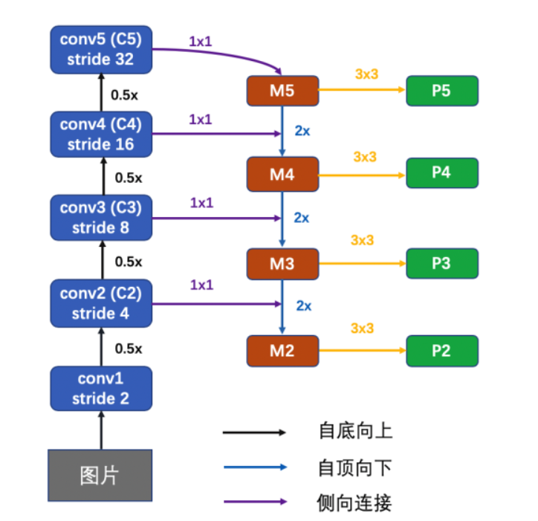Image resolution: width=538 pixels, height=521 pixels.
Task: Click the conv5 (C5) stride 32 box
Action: coord(100,49)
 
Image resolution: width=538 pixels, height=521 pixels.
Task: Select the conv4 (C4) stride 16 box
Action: coord(100,134)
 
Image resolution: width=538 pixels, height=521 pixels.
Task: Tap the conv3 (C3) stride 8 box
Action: coord(100,217)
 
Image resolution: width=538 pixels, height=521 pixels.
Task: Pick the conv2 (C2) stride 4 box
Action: coord(100,303)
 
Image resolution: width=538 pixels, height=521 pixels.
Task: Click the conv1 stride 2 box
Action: coord(100,388)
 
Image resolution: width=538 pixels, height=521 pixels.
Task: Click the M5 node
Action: coord(282,91)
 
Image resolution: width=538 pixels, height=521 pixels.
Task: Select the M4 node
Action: coord(282,175)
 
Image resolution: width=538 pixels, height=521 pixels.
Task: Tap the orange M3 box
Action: coord(282,264)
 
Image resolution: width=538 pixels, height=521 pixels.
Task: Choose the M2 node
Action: coord(282,351)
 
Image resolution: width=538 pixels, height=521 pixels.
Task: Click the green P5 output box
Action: coord(441,91)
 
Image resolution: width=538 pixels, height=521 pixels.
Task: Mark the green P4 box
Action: coord(441,173)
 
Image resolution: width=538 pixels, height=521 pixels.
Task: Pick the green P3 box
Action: coord(441,264)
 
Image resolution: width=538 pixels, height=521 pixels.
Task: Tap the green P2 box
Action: coord(441,351)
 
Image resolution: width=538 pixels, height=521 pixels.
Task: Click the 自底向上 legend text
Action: coord(354,431)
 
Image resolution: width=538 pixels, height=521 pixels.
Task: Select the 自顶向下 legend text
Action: coord(354,467)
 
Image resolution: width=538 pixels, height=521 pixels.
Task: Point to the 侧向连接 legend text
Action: coord(354,502)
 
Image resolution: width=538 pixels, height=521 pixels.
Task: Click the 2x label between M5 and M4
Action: coord(302,131)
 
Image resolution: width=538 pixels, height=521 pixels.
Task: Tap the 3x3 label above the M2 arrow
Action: coord(362,328)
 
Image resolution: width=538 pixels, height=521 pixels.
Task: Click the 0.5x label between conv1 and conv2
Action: coord(128,348)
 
